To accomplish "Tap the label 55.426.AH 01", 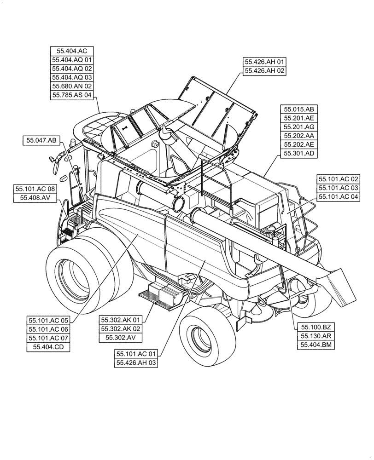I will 265,62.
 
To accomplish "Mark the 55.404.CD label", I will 49,347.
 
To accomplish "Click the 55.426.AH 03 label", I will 137,363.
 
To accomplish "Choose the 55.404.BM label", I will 316,345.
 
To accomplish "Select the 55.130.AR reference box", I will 316,336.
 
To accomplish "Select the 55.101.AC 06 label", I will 49,329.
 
